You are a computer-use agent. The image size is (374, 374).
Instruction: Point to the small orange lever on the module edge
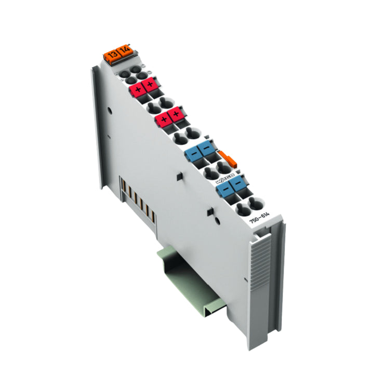pos(228,157)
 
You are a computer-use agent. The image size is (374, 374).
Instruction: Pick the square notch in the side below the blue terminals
pos(210,211)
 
